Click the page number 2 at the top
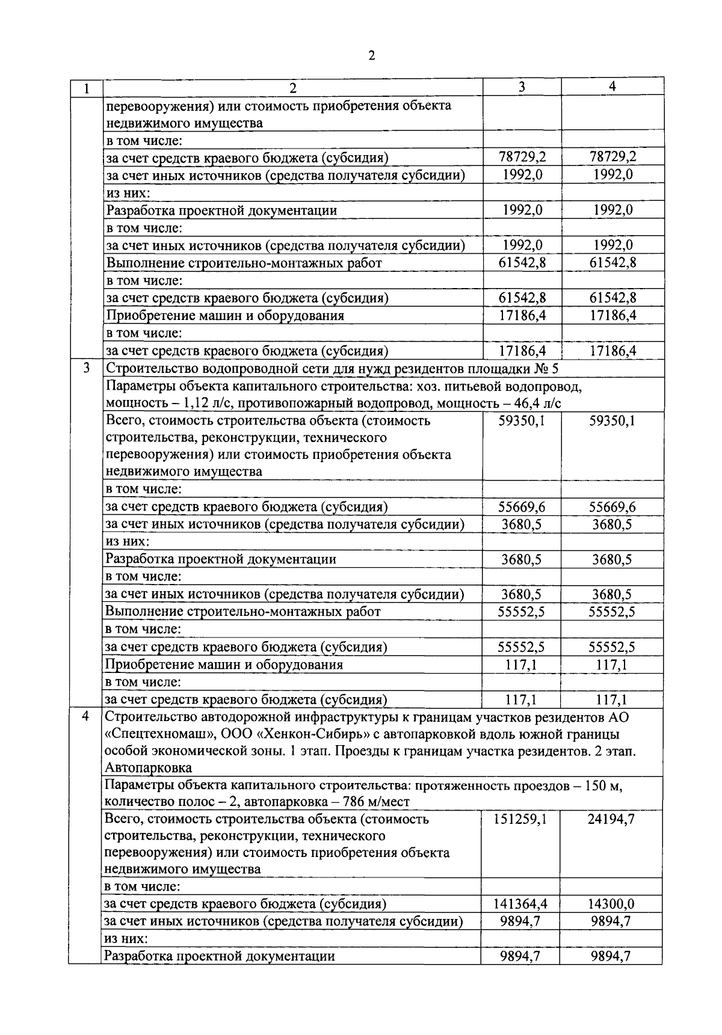[371, 56]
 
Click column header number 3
[522, 87]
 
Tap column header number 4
[612, 87]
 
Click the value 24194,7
[611, 819]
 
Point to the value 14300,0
[611, 904]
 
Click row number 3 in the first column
[85, 368]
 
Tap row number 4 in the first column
[85, 717]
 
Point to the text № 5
[547, 368]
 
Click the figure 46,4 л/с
[537, 403]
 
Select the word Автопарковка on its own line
[148, 768]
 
